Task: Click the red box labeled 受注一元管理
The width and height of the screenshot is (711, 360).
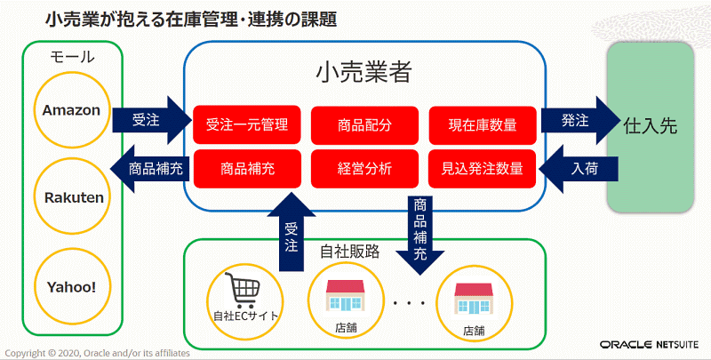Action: (x=247, y=124)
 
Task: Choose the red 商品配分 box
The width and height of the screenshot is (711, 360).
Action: (x=364, y=124)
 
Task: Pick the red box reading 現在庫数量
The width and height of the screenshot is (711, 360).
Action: (x=482, y=124)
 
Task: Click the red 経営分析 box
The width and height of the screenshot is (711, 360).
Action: (x=364, y=169)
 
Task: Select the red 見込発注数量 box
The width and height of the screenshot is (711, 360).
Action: (x=482, y=169)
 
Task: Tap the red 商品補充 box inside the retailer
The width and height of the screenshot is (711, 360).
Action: (x=247, y=169)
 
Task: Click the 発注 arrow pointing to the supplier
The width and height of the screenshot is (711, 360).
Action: (x=580, y=120)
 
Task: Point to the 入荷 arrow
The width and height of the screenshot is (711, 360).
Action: (x=579, y=169)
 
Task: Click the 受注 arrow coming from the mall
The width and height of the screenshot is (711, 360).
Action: (x=152, y=120)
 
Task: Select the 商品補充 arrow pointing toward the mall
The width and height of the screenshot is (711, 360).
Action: (x=149, y=169)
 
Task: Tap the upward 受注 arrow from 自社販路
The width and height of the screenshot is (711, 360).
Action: (x=292, y=231)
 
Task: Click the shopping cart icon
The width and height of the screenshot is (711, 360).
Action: (x=243, y=292)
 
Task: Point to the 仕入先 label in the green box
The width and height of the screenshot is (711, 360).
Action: (x=651, y=126)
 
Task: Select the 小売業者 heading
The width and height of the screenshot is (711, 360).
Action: (x=363, y=71)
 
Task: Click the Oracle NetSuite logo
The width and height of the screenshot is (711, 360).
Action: (x=650, y=345)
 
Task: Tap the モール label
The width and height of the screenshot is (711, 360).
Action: (x=72, y=57)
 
